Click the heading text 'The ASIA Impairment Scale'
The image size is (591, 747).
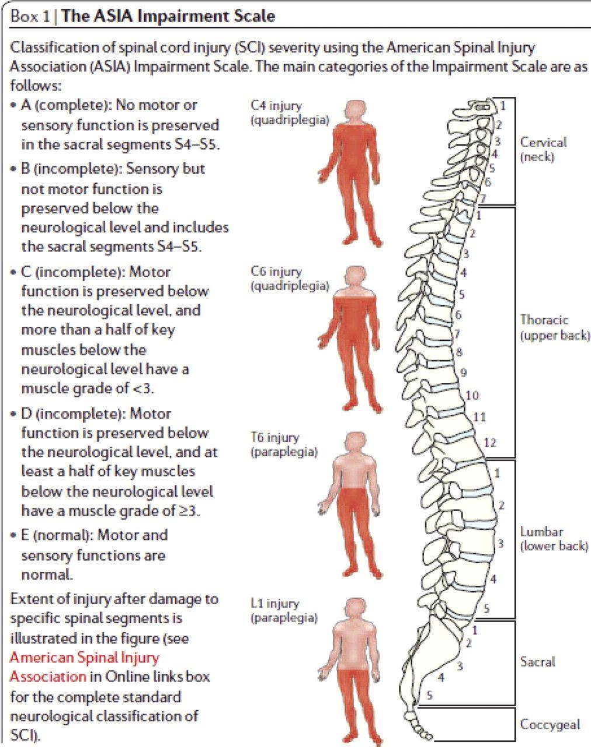pos(168,16)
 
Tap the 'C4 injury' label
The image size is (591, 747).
pos(276,106)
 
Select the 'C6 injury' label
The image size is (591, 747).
pos(276,271)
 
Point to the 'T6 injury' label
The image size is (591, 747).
pos(275,437)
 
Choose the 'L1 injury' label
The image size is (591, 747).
pos(275,603)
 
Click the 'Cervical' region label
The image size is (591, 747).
pos(543,142)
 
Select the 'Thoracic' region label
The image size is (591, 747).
pos(544,320)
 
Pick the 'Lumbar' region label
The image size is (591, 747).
pos(542,532)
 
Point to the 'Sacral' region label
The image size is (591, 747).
pos(537,662)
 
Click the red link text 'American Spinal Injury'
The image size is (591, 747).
pos(85,657)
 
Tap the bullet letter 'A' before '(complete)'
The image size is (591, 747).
pos(26,105)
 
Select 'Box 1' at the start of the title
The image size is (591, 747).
pos(30,16)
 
